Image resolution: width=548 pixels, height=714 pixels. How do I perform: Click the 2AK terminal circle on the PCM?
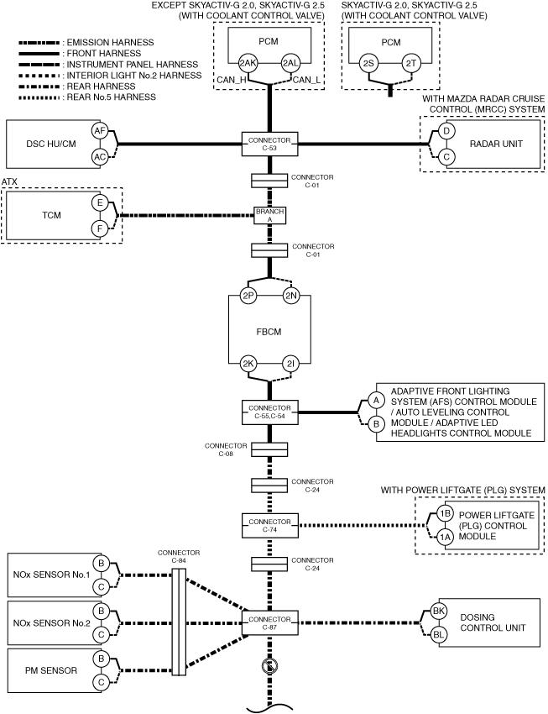coord(248,63)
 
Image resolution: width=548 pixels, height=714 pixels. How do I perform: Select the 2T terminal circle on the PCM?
coord(411,63)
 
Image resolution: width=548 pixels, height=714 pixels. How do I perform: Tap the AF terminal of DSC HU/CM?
coord(100,131)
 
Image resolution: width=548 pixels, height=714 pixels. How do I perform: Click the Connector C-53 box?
coord(269,144)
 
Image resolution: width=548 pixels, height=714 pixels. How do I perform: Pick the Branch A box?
coord(269,215)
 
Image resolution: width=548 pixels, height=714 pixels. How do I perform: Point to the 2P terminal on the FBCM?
coord(248,296)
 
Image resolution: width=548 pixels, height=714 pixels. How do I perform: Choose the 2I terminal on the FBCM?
coord(290,364)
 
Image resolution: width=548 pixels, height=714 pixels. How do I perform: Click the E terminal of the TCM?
coord(100,202)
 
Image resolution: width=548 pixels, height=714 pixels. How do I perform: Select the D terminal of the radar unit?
coord(446,131)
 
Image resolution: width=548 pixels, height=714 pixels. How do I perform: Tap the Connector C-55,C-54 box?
coord(269,412)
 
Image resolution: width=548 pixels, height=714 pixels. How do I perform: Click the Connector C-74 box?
coord(269,526)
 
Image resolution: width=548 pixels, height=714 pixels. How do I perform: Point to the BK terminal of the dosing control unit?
coord(438,611)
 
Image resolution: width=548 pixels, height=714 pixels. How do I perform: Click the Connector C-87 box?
coord(269,623)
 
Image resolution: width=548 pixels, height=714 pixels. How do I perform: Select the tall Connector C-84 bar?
coord(179,622)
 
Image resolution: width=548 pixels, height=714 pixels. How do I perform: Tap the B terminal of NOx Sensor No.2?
coord(101,611)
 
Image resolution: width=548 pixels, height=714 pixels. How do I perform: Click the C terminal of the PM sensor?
coord(101,682)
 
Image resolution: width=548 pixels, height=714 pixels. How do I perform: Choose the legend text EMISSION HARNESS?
coord(111,42)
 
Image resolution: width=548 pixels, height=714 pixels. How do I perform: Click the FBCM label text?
coord(269,332)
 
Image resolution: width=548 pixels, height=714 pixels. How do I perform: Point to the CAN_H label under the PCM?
coord(232,80)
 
